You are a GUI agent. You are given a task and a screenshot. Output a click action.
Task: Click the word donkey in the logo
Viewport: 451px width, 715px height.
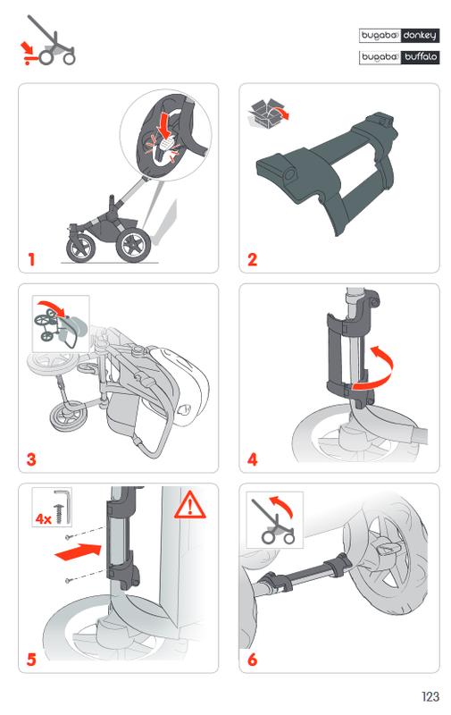click(x=420, y=36)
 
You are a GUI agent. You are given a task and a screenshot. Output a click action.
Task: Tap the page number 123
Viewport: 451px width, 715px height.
click(x=430, y=696)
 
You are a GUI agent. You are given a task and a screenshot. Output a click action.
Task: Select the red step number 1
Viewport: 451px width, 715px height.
click(x=31, y=259)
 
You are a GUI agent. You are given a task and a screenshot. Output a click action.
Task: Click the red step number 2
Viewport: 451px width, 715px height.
click(x=253, y=259)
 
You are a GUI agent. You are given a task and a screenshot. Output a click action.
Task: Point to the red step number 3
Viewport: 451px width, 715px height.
click(x=31, y=459)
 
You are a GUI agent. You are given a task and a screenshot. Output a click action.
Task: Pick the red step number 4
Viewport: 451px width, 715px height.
click(x=253, y=459)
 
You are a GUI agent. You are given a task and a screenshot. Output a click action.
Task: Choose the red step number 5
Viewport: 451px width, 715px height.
click(x=31, y=660)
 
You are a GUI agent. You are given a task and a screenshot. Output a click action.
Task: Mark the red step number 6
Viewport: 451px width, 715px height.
click(x=253, y=660)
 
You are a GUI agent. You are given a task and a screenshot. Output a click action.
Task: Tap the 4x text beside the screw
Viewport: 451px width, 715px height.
click(x=43, y=518)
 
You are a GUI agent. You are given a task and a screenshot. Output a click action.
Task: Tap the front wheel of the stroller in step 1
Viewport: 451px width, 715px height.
click(x=81, y=248)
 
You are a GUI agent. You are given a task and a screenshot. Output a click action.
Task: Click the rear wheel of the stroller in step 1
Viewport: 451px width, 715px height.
click(x=133, y=245)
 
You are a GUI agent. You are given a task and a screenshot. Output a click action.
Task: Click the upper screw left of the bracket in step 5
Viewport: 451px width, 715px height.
click(x=68, y=536)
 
